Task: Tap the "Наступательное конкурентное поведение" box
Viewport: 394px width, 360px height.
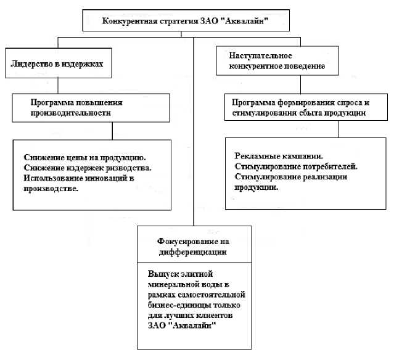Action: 272,59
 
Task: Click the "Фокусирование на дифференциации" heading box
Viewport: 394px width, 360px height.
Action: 194,246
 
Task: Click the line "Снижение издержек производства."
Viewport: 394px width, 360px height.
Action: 88,168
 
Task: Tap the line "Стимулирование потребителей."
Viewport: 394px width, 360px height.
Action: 296,166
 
